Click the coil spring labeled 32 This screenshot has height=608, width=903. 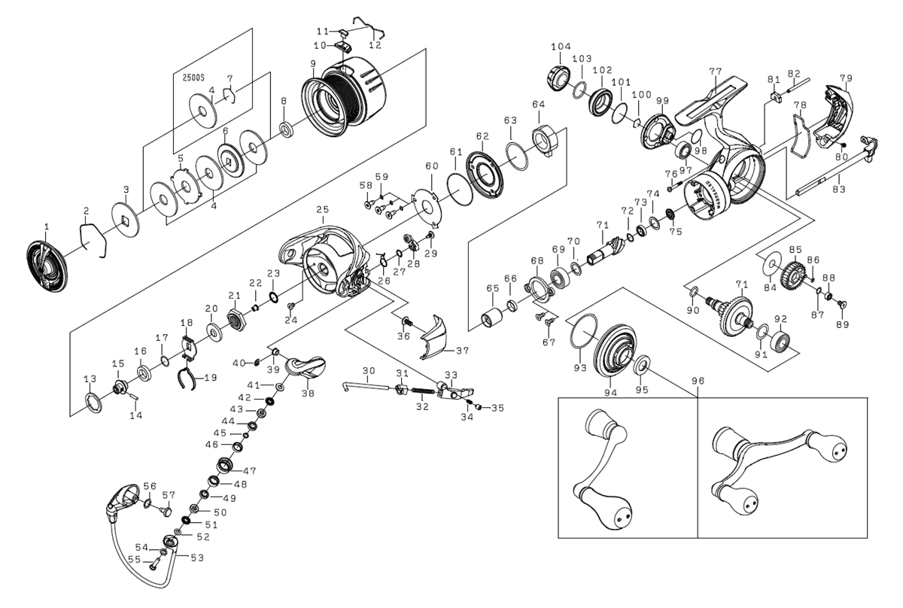[x=424, y=393]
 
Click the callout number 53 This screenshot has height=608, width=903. [x=197, y=558]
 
